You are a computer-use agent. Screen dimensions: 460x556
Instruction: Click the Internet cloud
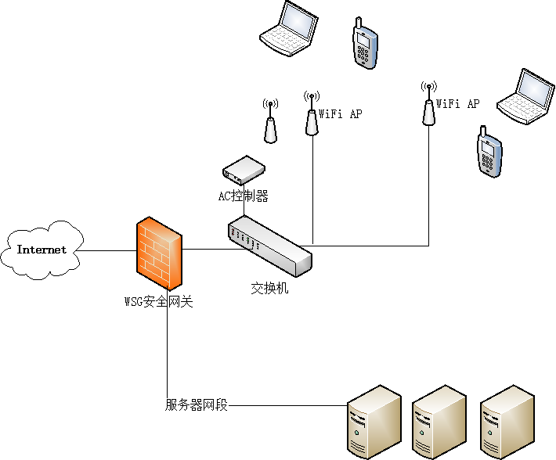coord(43,250)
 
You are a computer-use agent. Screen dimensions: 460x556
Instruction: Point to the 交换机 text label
coord(269,288)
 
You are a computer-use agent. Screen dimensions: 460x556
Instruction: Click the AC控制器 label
coord(243,196)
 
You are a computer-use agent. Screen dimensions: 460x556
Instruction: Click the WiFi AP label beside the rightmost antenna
coord(457,103)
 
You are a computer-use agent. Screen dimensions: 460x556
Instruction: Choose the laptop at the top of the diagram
coord(290,29)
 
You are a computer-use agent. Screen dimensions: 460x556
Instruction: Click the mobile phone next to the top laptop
coord(364,44)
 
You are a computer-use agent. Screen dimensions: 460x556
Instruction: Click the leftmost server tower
coord(374,422)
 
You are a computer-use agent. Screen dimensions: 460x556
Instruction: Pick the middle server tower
coord(439,422)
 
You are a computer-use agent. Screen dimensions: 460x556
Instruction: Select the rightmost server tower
coord(507,422)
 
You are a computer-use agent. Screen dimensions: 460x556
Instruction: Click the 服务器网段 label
coord(197,405)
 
